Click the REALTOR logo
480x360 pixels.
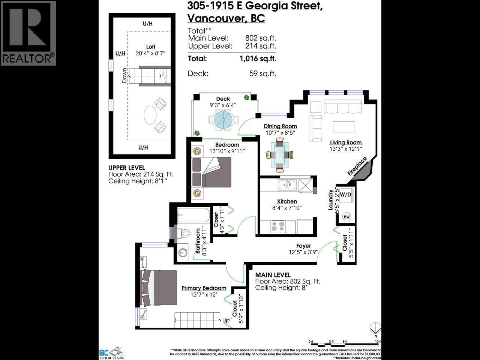click(x=28, y=33)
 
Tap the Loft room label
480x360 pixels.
click(x=151, y=47)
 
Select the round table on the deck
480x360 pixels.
click(x=223, y=120)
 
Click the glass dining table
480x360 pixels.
click(x=280, y=155)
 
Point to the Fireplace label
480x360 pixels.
click(x=357, y=166)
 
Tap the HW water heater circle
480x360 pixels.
click(x=346, y=217)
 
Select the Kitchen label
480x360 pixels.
click(x=287, y=201)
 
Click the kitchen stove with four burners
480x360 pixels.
click(x=278, y=226)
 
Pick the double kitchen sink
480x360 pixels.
click(x=287, y=184)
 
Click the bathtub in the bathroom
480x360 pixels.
click(x=194, y=216)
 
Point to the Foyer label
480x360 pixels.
click(x=303, y=246)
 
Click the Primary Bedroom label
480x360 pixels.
click(x=204, y=288)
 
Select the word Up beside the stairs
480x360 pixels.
click(x=226, y=321)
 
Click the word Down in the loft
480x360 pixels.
click(x=124, y=75)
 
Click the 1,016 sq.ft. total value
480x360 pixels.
click(x=258, y=58)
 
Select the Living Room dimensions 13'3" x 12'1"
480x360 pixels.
click(x=346, y=149)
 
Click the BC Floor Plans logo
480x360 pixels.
click(x=111, y=352)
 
